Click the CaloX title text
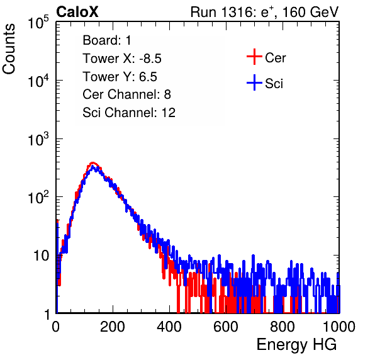[77, 12]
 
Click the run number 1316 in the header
[235, 12]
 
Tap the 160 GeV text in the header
[310, 12]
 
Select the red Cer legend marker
[254, 57]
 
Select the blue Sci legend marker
[254, 82]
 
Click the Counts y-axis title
[9, 49]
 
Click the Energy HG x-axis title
[296, 345]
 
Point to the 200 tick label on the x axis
[113, 327]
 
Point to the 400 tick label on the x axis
[169, 327]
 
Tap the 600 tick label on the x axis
[226, 327]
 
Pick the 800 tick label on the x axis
[283, 327]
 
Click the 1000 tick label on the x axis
[339, 327]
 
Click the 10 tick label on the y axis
[42, 256]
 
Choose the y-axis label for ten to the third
[38, 139]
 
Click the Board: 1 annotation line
[107, 40]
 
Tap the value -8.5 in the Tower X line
[150, 59]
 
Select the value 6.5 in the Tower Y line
[148, 77]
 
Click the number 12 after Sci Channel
[169, 113]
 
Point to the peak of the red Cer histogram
[93, 163]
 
